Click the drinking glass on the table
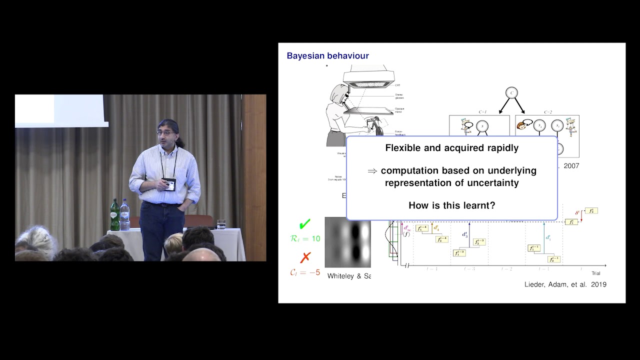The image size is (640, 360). tap(221, 224)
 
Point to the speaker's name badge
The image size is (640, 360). tap(169, 184)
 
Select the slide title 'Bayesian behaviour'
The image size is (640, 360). tap(327, 56)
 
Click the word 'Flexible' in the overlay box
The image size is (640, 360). tap(403, 148)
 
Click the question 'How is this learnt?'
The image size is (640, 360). tap(451, 205)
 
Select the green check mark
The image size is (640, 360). tap(304, 224)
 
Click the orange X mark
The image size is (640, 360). tap(305, 257)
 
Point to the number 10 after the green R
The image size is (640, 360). tap(315, 239)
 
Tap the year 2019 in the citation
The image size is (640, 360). tap(598, 284)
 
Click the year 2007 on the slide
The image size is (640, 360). tap(571, 165)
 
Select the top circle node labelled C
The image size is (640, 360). tap(511, 92)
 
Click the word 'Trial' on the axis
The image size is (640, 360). tap(595, 273)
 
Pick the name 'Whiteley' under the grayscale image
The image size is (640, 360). tap(343, 275)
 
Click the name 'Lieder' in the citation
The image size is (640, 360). tap(535, 284)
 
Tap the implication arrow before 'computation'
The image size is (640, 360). tap(372, 171)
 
